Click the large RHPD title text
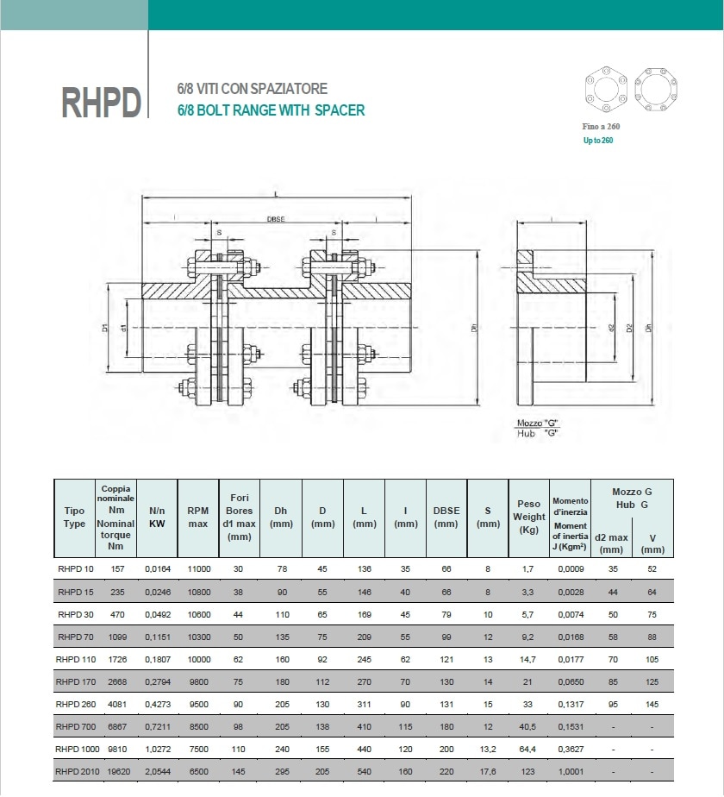[101, 101]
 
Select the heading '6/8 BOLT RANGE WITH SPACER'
[271, 110]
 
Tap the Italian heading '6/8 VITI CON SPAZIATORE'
[252, 89]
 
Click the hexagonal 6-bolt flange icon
[603, 89]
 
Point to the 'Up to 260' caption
[597, 140]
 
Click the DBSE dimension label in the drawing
[276, 220]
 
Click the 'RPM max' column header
[197, 518]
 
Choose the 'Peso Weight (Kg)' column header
[529, 517]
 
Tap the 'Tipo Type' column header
[75, 518]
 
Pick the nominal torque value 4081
[116, 704]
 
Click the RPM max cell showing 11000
[198, 569]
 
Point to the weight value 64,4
[528, 749]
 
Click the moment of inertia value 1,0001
[571, 771]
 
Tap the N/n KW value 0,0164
[158, 569]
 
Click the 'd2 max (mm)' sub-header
[611, 543]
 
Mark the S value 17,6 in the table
[488, 771]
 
